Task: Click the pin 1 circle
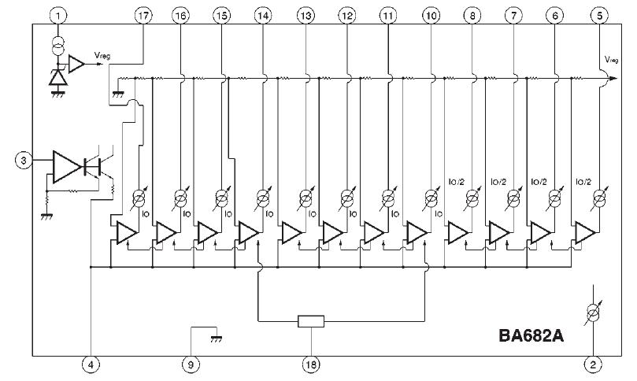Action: (x=58, y=16)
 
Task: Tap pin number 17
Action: (x=143, y=16)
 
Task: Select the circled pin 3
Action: (x=24, y=161)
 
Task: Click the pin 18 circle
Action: (x=312, y=364)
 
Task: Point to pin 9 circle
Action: (x=190, y=364)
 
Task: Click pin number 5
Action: (x=601, y=16)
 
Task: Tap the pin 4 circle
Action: (x=91, y=364)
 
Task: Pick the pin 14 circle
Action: (x=263, y=16)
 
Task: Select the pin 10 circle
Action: (x=430, y=16)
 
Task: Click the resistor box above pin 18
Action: (x=311, y=321)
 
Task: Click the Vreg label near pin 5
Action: (x=612, y=60)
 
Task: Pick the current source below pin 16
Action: (x=180, y=196)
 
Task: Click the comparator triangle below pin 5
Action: (x=585, y=231)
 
